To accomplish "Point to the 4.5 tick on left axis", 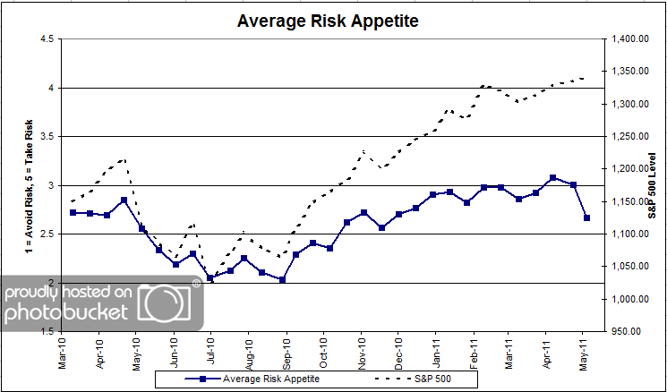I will click(x=46, y=38).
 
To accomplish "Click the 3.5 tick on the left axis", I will click(x=46, y=137).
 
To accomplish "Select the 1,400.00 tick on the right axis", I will click(x=629, y=39).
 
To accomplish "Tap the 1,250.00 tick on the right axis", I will click(x=629, y=137).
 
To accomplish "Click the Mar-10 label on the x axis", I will click(x=61, y=352).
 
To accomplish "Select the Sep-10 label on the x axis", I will click(x=286, y=352).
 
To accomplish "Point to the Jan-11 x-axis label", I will click(x=437, y=352).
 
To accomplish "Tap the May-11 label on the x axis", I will click(x=586, y=352).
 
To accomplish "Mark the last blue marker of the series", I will click(x=586, y=217).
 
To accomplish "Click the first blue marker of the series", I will click(x=73, y=212).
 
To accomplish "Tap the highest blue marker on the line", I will click(x=553, y=178).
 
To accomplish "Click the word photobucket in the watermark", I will click(x=72, y=313).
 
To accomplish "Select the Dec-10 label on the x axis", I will click(x=398, y=352).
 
